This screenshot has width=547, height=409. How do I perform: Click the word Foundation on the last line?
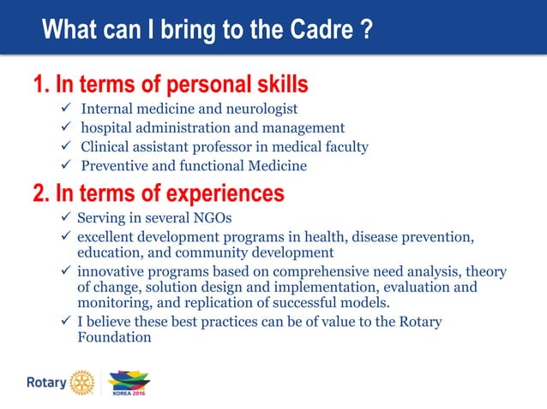pyautogui.click(x=114, y=337)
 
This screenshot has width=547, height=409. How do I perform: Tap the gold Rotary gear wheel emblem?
pyautogui.click(x=82, y=382)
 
